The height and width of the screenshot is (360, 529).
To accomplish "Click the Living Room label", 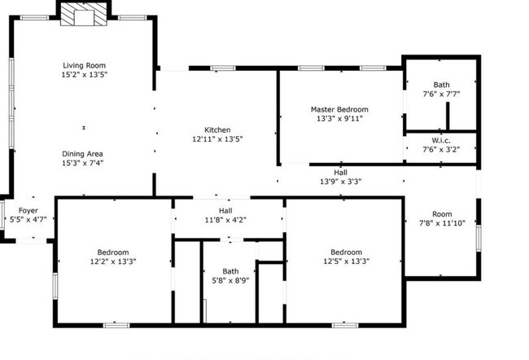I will click(x=85, y=65).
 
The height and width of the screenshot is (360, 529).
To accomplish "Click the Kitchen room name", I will click(x=217, y=130).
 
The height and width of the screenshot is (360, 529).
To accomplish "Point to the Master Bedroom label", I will click(x=339, y=109).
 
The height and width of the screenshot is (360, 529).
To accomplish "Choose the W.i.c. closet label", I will click(x=441, y=140).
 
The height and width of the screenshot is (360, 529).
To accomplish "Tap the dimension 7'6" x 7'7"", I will click(x=441, y=94).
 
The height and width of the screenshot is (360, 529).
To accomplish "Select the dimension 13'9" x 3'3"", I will click(x=340, y=182).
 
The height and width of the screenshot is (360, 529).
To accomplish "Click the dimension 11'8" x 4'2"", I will click(x=227, y=219).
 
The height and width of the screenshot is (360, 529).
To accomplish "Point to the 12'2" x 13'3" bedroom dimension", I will click(x=113, y=261).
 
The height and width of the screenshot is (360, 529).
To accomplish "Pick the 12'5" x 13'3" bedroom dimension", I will click(x=346, y=261).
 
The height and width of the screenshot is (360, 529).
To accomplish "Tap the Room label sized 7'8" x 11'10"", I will click(x=441, y=213).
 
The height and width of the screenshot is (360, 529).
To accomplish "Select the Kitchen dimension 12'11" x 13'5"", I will click(x=217, y=139).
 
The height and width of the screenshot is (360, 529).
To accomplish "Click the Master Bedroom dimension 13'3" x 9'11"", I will click(x=339, y=118).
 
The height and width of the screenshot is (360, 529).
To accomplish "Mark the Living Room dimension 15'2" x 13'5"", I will click(x=85, y=74).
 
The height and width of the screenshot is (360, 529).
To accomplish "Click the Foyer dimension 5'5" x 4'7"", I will click(x=28, y=219).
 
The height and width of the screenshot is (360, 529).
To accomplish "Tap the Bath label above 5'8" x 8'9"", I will click(x=230, y=271).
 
